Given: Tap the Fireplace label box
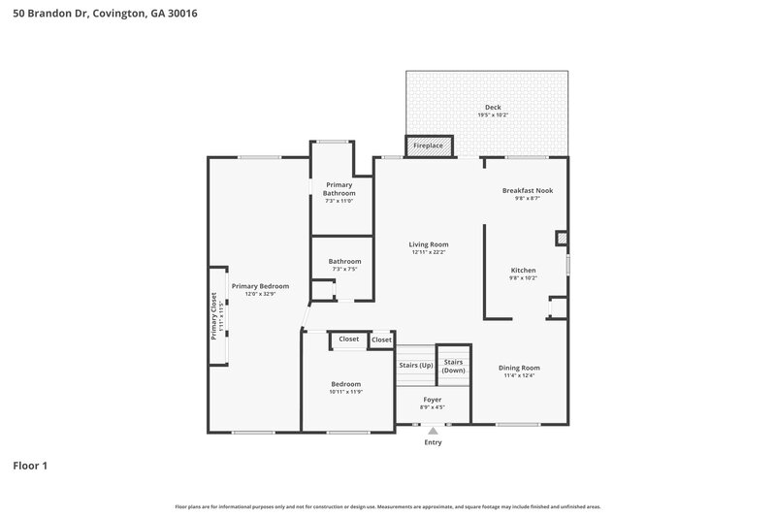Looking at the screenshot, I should (428, 145).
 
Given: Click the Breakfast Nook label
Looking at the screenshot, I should (527, 190).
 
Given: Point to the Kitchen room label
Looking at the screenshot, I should (523, 271).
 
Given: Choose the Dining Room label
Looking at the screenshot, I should (519, 368).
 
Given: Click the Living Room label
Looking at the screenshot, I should (428, 244).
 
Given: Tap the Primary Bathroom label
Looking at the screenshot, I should (339, 188).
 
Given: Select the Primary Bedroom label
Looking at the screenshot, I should (260, 286).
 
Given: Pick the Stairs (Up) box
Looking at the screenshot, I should (415, 366).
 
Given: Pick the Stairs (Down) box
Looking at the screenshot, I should (453, 366).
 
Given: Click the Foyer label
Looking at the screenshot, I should (433, 400).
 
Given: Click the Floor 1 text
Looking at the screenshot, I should (30, 466).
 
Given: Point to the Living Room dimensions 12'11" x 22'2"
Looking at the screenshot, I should (428, 252).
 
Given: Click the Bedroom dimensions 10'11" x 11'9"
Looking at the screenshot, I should (345, 392).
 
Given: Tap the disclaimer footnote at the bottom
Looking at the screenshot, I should (387, 506).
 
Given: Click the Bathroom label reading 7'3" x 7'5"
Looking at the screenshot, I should (344, 269).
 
